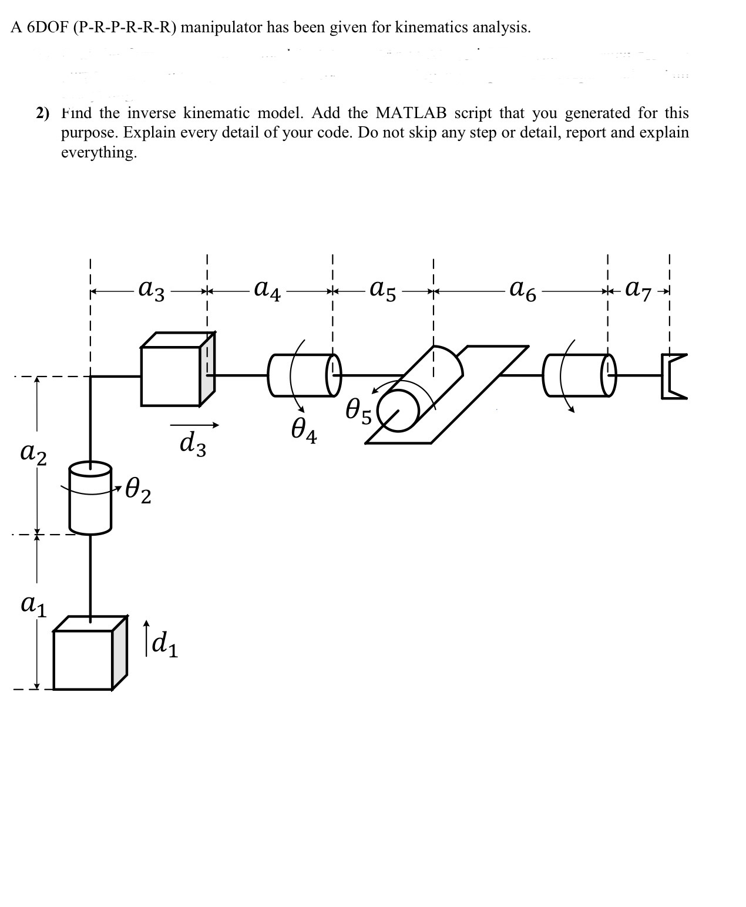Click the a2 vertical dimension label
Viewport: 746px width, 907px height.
coord(33,453)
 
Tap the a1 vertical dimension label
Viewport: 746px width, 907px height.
coord(33,604)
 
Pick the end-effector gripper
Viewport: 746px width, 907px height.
coord(673,376)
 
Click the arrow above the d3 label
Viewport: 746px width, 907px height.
coord(194,425)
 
